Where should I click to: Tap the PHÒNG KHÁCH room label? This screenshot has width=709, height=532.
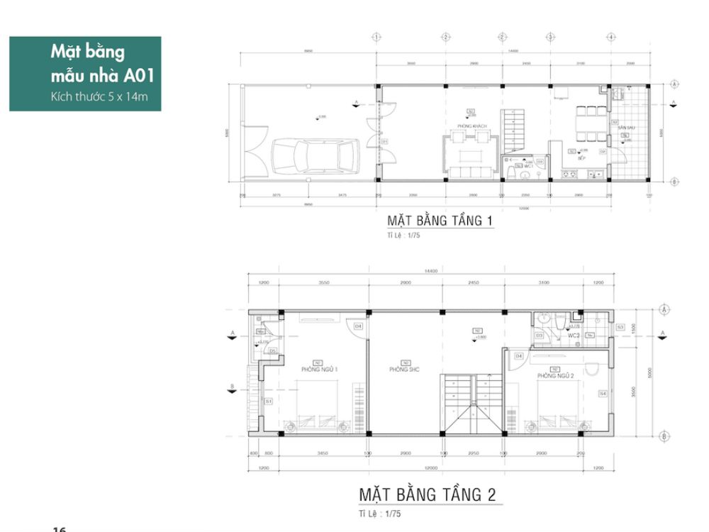[x=467, y=126]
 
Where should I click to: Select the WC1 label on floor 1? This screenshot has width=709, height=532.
[x=527, y=166]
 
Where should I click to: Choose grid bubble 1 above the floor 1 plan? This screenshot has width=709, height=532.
[x=376, y=37]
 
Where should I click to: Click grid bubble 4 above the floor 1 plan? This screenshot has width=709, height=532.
[x=610, y=37]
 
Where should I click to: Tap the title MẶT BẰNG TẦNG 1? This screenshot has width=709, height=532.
[x=439, y=221]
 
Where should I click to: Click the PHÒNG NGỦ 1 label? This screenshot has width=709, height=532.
[x=319, y=370]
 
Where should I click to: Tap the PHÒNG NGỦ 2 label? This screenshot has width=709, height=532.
[x=554, y=375]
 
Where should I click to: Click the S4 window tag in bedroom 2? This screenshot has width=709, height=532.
[x=602, y=394]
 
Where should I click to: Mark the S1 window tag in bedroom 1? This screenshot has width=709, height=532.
[x=268, y=401]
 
